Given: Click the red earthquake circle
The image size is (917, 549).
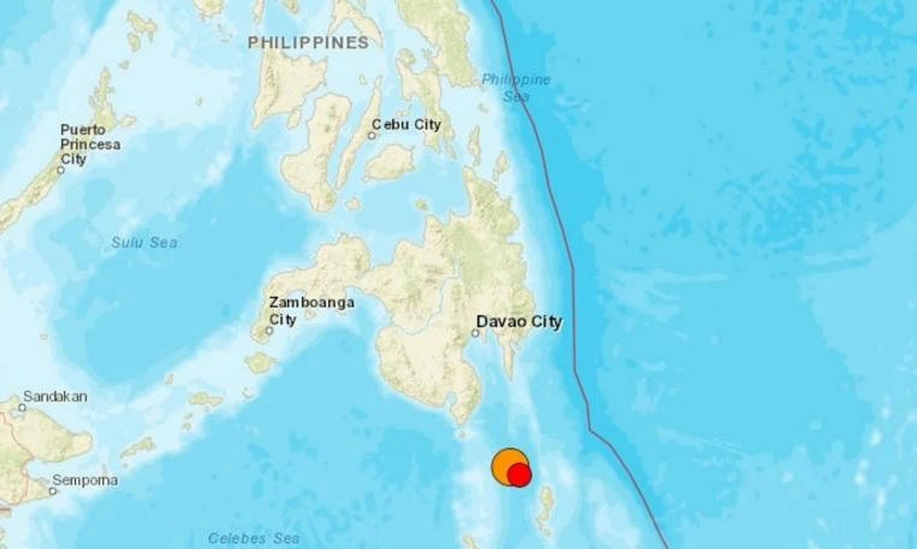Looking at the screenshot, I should pyautogui.click(x=519, y=475).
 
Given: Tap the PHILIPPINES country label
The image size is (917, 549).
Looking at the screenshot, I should pyautogui.click(x=309, y=42).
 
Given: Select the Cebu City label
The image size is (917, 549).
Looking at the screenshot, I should pyautogui.click(x=406, y=125).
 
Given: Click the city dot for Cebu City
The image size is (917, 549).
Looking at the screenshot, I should pyautogui.click(x=372, y=136).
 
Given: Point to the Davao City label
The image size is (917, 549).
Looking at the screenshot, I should pyautogui.click(x=519, y=321).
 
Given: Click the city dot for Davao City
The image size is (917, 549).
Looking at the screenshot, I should pyautogui.click(x=475, y=333).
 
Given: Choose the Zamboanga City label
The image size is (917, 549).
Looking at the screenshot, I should pyautogui.click(x=311, y=310).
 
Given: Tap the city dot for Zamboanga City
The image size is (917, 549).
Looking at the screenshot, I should pyautogui.click(x=269, y=330).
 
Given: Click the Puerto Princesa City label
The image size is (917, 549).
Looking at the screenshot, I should pyautogui.click(x=90, y=144).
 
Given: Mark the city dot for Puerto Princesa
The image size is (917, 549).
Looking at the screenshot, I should pyautogui.click(x=61, y=170).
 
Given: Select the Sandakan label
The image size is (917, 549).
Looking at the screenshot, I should pyautogui.click(x=55, y=396).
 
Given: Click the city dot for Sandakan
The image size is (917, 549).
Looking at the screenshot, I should pyautogui.click(x=22, y=408).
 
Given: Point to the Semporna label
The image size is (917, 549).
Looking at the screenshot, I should pyautogui.click(x=85, y=480).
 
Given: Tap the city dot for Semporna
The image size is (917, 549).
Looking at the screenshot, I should pyautogui.click(x=53, y=491).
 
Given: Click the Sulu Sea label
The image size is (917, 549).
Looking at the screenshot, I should pyautogui.click(x=144, y=243).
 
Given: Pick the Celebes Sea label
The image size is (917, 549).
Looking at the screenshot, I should pyautogui.click(x=254, y=538).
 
